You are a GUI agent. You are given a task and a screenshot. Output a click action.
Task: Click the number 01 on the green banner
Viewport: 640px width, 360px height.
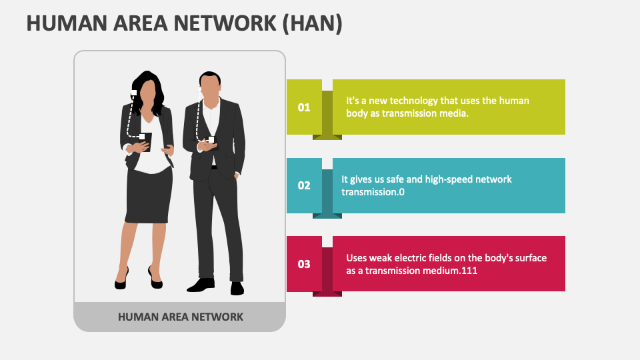click(x=304, y=107)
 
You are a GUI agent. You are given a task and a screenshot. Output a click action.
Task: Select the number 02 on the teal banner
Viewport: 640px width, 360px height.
click(x=304, y=185)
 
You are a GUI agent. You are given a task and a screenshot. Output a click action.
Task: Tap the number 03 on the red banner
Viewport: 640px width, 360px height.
click(x=304, y=264)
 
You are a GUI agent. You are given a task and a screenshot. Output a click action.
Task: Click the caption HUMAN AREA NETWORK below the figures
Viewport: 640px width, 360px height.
click(x=180, y=317)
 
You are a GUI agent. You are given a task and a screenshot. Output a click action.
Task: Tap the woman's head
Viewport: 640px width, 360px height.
click(x=149, y=88)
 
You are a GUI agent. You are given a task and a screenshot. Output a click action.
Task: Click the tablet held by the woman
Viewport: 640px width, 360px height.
click(x=145, y=141)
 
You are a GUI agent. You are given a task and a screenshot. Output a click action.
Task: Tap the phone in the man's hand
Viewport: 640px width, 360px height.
click(x=211, y=140)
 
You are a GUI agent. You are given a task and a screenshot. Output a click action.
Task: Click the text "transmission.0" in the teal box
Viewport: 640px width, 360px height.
click(x=373, y=192)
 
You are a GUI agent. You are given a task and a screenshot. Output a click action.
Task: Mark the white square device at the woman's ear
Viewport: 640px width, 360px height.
click(x=134, y=93)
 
